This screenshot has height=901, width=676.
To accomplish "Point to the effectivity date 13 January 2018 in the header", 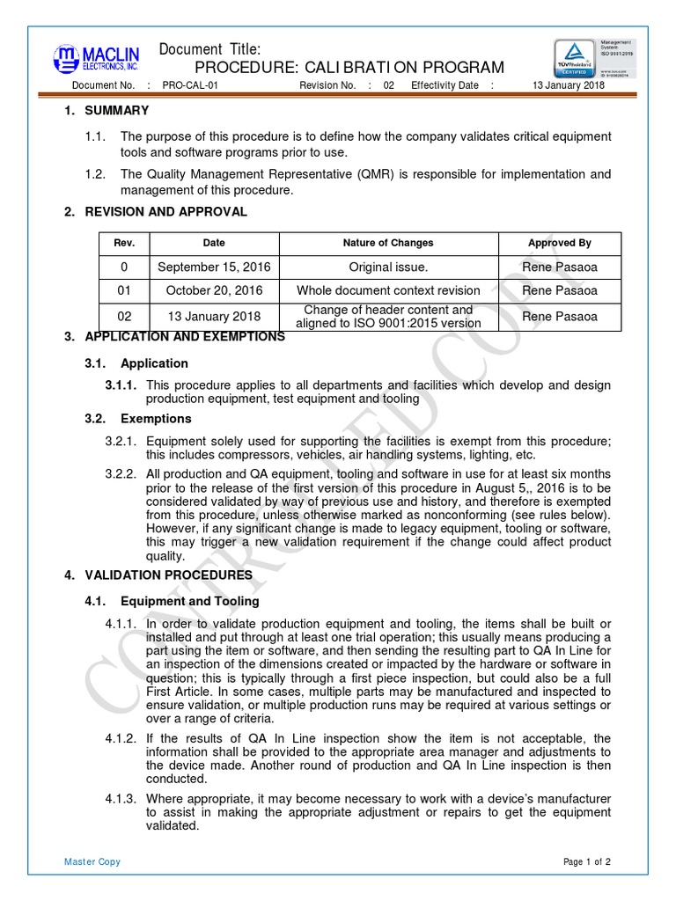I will (569, 85).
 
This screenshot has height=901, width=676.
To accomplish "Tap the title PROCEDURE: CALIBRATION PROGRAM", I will (349, 68).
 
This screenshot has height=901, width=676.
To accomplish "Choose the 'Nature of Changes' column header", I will (388, 243).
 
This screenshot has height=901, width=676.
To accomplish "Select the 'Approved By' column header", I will (559, 243).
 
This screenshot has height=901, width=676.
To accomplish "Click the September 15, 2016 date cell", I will (214, 267).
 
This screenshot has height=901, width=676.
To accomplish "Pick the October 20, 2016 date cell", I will (214, 290).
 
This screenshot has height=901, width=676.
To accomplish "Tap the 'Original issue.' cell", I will (388, 267).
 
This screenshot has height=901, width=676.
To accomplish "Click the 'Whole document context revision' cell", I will (388, 290).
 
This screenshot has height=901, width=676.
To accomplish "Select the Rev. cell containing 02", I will (123, 316).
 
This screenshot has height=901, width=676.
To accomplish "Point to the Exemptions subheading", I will (156, 419).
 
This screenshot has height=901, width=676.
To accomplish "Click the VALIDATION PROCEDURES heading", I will (168, 575).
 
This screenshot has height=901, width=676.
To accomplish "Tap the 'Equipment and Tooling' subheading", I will (189, 602).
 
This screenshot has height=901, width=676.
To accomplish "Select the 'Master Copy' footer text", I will (92, 861).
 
